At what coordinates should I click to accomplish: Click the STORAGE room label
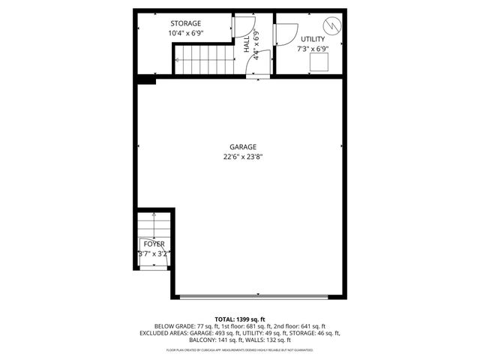(185, 23)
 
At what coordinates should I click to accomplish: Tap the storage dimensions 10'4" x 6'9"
(185, 34)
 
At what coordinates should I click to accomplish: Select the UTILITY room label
(313, 39)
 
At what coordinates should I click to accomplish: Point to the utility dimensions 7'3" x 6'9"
(313, 49)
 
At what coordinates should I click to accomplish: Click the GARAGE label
(243, 147)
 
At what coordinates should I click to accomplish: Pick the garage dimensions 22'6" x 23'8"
(243, 157)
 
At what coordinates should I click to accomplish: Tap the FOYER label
(154, 244)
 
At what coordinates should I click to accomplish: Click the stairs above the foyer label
(154, 224)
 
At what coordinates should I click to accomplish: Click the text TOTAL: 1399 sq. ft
(240, 319)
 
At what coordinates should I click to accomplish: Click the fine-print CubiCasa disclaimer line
(240, 350)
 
